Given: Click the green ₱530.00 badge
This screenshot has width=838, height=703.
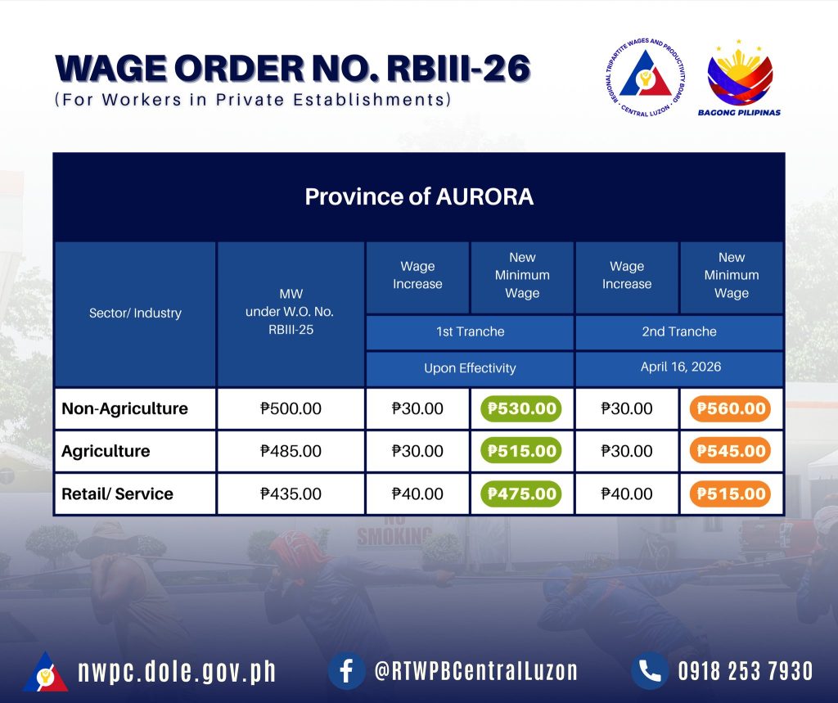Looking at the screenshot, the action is [x=521, y=408].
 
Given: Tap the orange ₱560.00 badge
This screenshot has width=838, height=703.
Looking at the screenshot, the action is [x=731, y=408].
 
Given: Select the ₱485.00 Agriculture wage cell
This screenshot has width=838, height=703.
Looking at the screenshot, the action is [x=291, y=451].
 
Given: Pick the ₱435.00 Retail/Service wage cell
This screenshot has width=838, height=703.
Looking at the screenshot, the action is [x=291, y=494].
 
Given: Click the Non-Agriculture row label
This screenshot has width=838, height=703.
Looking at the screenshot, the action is [x=124, y=408].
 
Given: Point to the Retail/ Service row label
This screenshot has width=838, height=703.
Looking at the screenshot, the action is [x=117, y=494].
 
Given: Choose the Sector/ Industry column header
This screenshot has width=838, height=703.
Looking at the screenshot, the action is [x=135, y=313].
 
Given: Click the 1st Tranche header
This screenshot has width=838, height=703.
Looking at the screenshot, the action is [x=471, y=331].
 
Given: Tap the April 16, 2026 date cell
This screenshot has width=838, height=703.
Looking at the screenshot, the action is [x=680, y=367].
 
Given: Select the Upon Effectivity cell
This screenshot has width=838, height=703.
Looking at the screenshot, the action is [x=470, y=367].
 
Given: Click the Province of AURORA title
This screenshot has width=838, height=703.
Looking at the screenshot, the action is [x=419, y=196].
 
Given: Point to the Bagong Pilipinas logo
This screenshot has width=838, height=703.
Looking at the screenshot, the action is [x=740, y=78].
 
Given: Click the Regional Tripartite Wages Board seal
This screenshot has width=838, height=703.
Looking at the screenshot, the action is [x=645, y=78].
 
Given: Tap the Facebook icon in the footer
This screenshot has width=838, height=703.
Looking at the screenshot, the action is [x=346, y=671].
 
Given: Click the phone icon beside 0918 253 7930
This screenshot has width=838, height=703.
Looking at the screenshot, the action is [x=650, y=671].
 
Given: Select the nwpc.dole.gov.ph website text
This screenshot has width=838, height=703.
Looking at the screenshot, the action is [x=177, y=671].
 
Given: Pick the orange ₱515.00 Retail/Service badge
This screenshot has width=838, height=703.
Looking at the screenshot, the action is [x=731, y=494].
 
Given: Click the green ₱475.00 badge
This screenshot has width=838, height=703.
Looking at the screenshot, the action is [x=521, y=494].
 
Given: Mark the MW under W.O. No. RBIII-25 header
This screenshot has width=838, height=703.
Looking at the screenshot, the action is [x=291, y=312].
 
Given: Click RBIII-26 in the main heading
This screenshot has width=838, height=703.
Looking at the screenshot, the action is [x=458, y=69].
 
